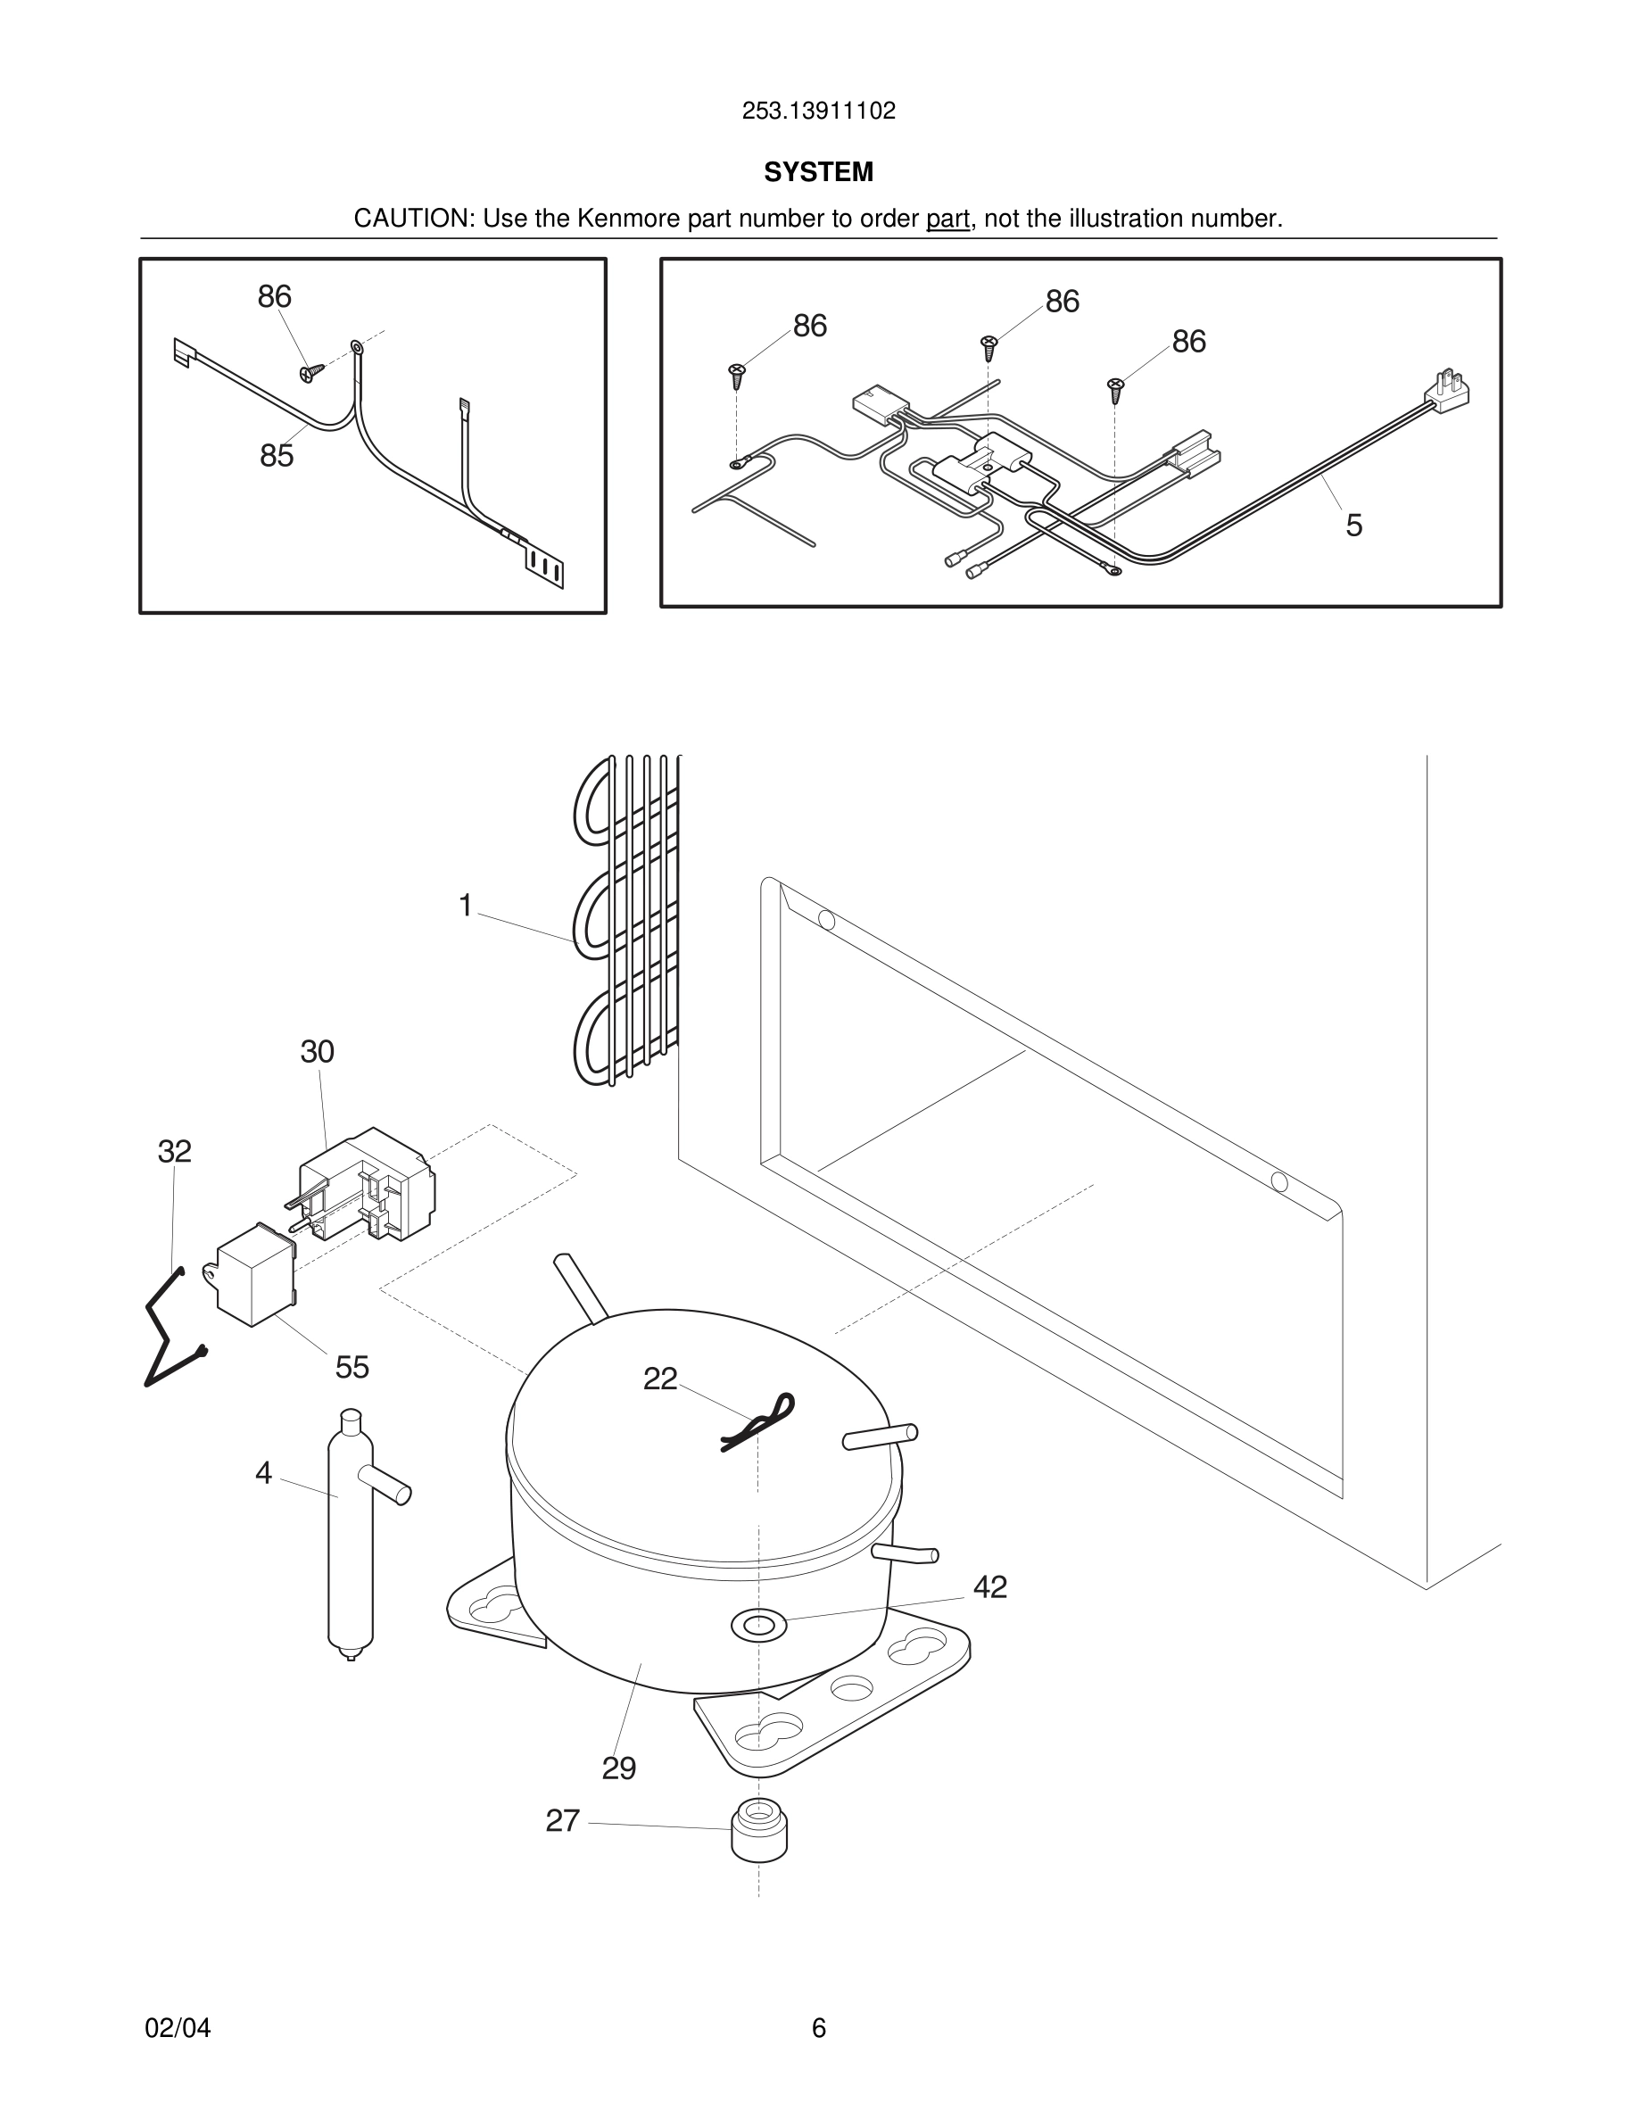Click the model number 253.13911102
tap(818, 111)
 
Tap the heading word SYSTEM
tap(818, 172)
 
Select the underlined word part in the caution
tap(947, 219)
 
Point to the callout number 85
tap(277, 455)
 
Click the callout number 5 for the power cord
tap(1353, 526)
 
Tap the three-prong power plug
tap(1447, 389)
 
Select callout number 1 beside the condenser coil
tap(466, 905)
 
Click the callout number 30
tap(318, 1051)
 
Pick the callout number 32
tap(175, 1151)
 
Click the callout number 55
tap(352, 1367)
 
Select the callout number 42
tap(989, 1586)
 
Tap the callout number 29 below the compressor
tap(619, 1768)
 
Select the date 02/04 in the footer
tap(178, 2028)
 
